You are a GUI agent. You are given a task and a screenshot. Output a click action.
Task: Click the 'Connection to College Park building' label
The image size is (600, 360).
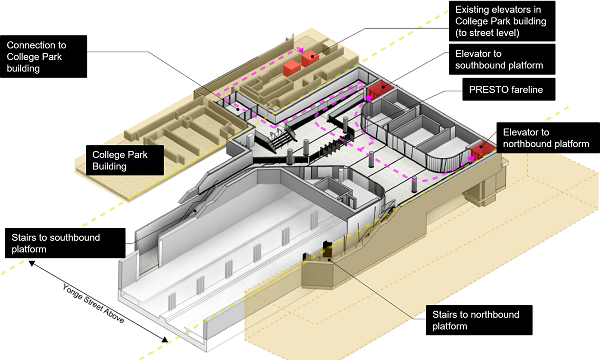point(43,57)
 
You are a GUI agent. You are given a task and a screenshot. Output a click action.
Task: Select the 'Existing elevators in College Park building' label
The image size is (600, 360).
point(502,21)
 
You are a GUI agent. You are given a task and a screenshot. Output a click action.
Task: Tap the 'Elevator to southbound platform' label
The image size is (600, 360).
point(502,59)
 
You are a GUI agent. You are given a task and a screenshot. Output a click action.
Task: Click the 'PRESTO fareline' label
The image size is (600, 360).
point(509,90)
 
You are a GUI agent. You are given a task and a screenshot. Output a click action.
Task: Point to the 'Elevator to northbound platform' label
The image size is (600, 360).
point(548,138)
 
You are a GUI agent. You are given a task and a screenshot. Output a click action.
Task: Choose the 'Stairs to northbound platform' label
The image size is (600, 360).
point(479,320)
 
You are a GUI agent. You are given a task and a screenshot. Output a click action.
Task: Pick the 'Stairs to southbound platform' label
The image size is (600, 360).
point(65,243)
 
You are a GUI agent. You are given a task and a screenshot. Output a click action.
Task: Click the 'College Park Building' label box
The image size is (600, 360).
point(125,160)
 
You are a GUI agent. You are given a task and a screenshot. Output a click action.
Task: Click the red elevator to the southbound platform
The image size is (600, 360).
point(380,90)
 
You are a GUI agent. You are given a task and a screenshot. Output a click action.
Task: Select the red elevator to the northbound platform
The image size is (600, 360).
point(483,150)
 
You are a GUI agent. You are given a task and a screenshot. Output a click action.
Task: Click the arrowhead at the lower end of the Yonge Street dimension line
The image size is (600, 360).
point(165,339)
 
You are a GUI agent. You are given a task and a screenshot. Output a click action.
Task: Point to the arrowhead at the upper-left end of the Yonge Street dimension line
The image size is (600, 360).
point(32,263)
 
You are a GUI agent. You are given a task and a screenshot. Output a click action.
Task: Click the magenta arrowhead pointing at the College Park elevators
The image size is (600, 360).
point(301,50)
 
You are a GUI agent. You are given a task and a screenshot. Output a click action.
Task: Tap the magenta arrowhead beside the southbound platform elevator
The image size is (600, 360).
point(368,98)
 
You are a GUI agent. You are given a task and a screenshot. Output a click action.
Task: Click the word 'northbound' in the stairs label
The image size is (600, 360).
point(497,314)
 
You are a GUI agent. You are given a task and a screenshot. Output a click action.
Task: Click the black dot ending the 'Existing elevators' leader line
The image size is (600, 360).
point(312,57)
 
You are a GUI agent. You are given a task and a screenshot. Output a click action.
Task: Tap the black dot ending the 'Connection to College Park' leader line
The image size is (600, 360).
point(238,109)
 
